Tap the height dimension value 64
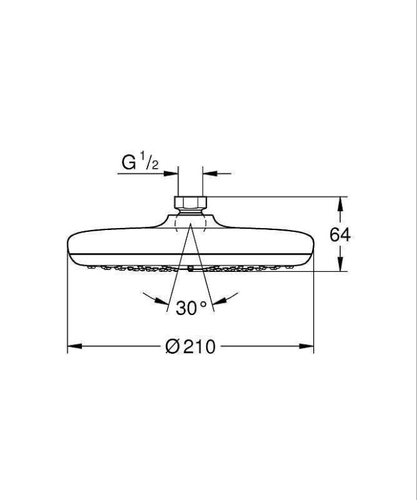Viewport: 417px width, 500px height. coord(340,235)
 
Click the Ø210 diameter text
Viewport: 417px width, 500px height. coord(191,347)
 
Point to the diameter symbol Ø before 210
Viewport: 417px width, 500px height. coord(172,347)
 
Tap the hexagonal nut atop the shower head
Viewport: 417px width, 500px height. coord(190,204)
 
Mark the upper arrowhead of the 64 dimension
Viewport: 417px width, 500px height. coord(340,202)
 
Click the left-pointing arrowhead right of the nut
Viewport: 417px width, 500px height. coord(208,173)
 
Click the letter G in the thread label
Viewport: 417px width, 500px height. coord(128,162)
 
